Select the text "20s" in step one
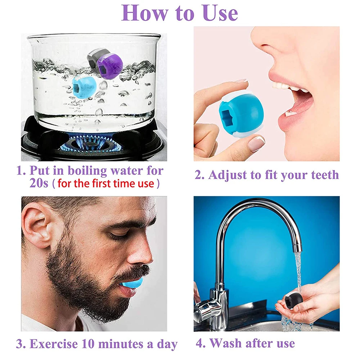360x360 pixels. (39, 183)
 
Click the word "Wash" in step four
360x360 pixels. (226, 343)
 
